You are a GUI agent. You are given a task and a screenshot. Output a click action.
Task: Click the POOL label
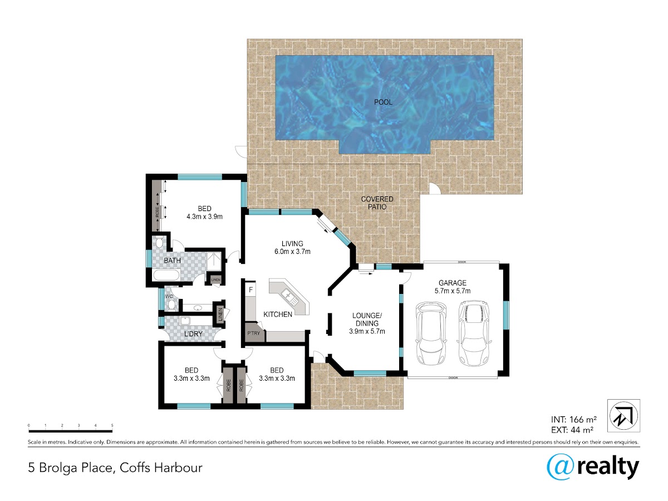tap(383, 102)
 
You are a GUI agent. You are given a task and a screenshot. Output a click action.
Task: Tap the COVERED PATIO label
tap(377, 203)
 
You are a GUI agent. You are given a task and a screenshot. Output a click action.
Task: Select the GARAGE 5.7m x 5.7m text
tap(453, 287)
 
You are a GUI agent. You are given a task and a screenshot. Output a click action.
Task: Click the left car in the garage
tap(431, 333)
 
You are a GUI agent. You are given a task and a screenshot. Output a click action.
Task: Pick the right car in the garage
tap(474, 333)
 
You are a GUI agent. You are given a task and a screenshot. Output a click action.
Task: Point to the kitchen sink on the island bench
tap(289, 297)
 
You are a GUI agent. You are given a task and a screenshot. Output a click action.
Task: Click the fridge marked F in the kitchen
tap(250, 290)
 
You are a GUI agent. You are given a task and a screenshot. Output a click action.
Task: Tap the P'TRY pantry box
tap(254, 333)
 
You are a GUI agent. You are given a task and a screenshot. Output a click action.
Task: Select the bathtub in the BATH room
tap(166, 275)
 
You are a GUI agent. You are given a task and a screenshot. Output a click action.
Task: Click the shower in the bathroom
tap(214, 261)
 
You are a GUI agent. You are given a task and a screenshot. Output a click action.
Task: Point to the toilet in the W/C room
tap(171, 304)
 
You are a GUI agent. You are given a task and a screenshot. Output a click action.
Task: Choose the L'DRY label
tap(193, 333)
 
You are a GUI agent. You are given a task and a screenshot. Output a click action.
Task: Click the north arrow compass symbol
tap(623, 416)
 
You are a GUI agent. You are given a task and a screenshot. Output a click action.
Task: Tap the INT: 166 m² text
tap(574, 420)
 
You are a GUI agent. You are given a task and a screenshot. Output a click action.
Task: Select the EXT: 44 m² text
tap(572, 430)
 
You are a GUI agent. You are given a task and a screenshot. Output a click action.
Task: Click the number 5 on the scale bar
tap(112, 425)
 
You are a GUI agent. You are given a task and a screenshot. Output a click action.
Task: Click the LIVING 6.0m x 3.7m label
tap(292, 248)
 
